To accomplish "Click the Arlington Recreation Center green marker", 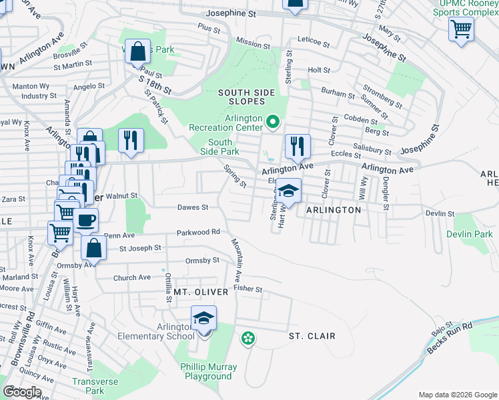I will coord(272,122).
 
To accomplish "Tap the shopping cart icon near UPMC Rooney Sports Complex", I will coord(461,29).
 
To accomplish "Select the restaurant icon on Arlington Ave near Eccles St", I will coord(295,145).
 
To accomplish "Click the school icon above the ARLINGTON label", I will coord(288,191).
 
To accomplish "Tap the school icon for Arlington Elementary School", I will coord(204,319).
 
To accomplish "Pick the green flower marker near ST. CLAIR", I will coord(248,339).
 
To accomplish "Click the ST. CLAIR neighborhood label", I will coord(312,336).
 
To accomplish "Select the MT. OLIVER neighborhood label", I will coord(201,292).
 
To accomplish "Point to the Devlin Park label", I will coord(470,234).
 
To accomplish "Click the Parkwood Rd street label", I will coord(198,232).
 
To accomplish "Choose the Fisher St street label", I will coord(248,289).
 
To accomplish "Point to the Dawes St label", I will coord(193,207).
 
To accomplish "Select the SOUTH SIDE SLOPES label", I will coord(241,97).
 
